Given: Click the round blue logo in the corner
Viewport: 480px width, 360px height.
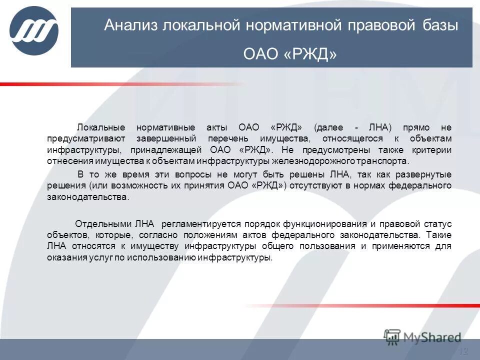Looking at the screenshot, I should (x=34, y=31).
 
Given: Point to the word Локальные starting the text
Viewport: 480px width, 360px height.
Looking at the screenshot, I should (x=98, y=127).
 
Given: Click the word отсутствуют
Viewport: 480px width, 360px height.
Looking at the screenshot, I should (x=323, y=186).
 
